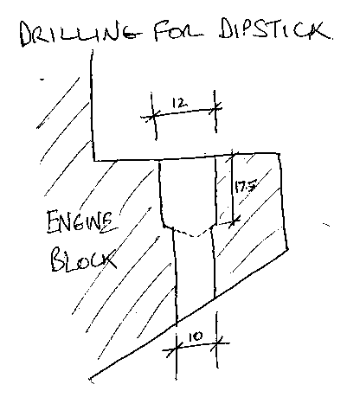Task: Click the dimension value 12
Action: [179, 103]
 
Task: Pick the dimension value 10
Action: [196, 336]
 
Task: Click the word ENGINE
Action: [82, 222]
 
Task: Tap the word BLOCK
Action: [84, 259]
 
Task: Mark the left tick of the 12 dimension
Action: [153, 116]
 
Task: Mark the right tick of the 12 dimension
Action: [215, 109]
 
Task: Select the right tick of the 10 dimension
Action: [217, 343]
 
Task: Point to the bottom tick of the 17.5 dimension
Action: [234, 222]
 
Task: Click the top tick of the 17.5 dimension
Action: [233, 155]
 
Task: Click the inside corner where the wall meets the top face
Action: [94, 160]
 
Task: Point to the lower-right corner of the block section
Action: [287, 249]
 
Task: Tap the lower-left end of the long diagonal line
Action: [90, 378]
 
